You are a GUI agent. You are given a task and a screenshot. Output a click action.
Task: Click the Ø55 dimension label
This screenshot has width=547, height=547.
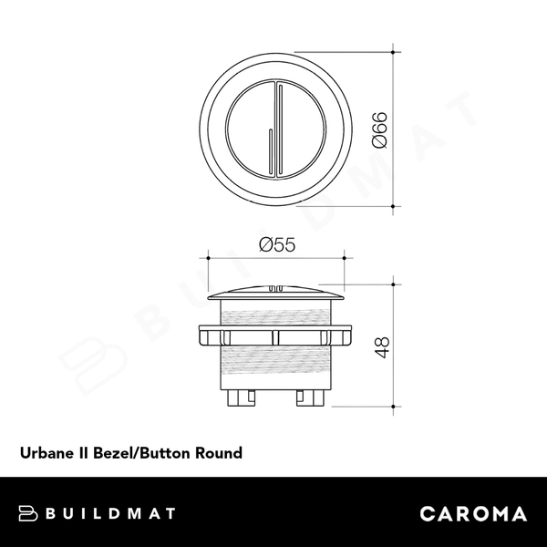click(x=274, y=244)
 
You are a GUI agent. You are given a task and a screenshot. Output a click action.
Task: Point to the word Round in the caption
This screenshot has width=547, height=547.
click(x=220, y=451)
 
